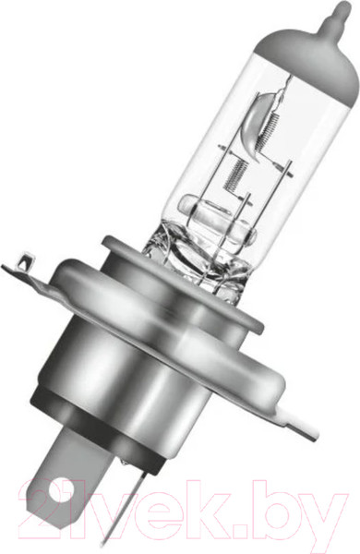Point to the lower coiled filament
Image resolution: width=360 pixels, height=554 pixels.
click(x=236, y=175)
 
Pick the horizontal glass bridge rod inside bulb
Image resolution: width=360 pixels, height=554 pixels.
click(x=216, y=219)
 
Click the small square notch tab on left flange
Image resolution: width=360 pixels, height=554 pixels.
click(x=27, y=262)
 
